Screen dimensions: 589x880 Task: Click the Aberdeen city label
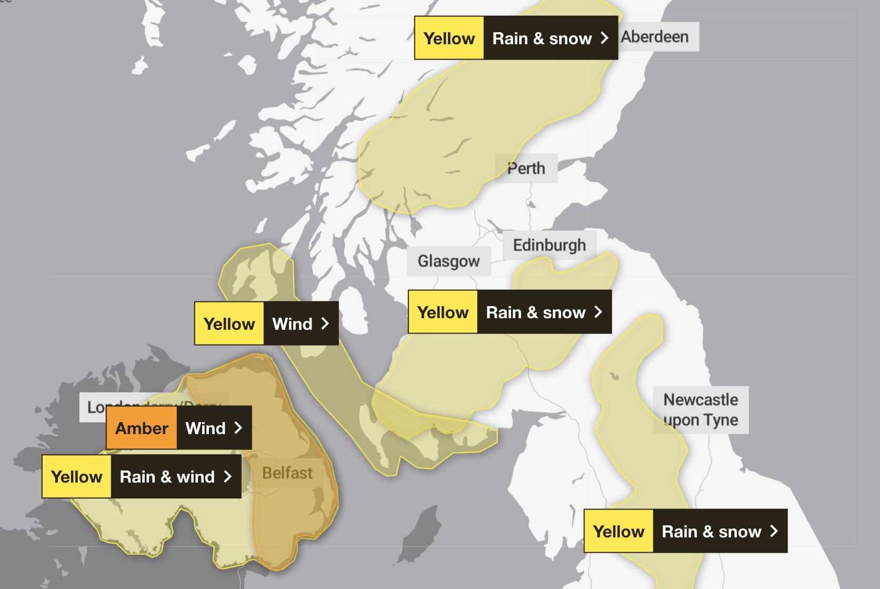(x=655, y=37)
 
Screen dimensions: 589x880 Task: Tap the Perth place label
(x=526, y=169)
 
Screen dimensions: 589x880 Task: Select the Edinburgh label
(x=549, y=245)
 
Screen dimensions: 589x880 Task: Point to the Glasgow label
(x=448, y=261)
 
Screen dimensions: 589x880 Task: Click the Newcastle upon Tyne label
(x=701, y=410)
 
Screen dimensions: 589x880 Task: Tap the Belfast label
(x=287, y=473)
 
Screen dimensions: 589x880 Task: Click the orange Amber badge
(x=142, y=428)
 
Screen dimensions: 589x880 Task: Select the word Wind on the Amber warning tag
(x=205, y=428)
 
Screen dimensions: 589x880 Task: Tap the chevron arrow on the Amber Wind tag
(x=238, y=428)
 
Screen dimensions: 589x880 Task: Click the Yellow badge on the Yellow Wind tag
(x=229, y=323)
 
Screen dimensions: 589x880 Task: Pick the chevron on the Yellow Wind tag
(x=325, y=323)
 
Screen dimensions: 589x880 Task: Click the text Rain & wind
(x=167, y=477)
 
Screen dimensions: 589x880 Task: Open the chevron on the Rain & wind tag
(x=228, y=477)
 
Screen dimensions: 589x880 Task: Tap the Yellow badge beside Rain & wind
(x=77, y=477)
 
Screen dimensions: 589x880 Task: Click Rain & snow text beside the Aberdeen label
(x=542, y=38)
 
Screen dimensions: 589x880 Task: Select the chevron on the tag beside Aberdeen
(x=604, y=38)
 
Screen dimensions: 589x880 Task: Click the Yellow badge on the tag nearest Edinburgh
(x=443, y=312)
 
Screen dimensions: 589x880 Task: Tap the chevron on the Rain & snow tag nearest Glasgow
(x=598, y=312)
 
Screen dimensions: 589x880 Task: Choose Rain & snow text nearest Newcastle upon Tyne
(x=711, y=532)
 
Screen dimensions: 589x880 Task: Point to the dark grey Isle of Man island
(x=421, y=532)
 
